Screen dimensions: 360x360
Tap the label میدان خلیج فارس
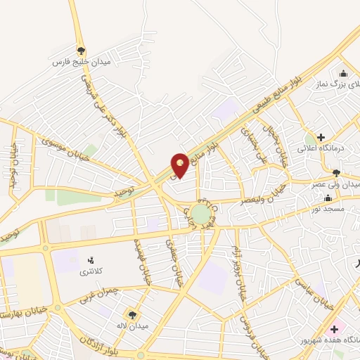click(x=82, y=62)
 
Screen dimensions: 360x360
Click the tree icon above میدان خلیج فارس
click(x=82, y=51)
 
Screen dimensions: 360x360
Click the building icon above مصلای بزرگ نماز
click(x=343, y=74)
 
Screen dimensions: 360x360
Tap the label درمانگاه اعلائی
click(x=335, y=148)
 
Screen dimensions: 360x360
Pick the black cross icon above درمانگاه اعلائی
click(x=321, y=136)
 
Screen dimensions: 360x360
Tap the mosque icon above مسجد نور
click(x=337, y=199)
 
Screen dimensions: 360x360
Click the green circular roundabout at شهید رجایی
click(x=200, y=213)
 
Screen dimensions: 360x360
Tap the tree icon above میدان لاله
click(x=131, y=314)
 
